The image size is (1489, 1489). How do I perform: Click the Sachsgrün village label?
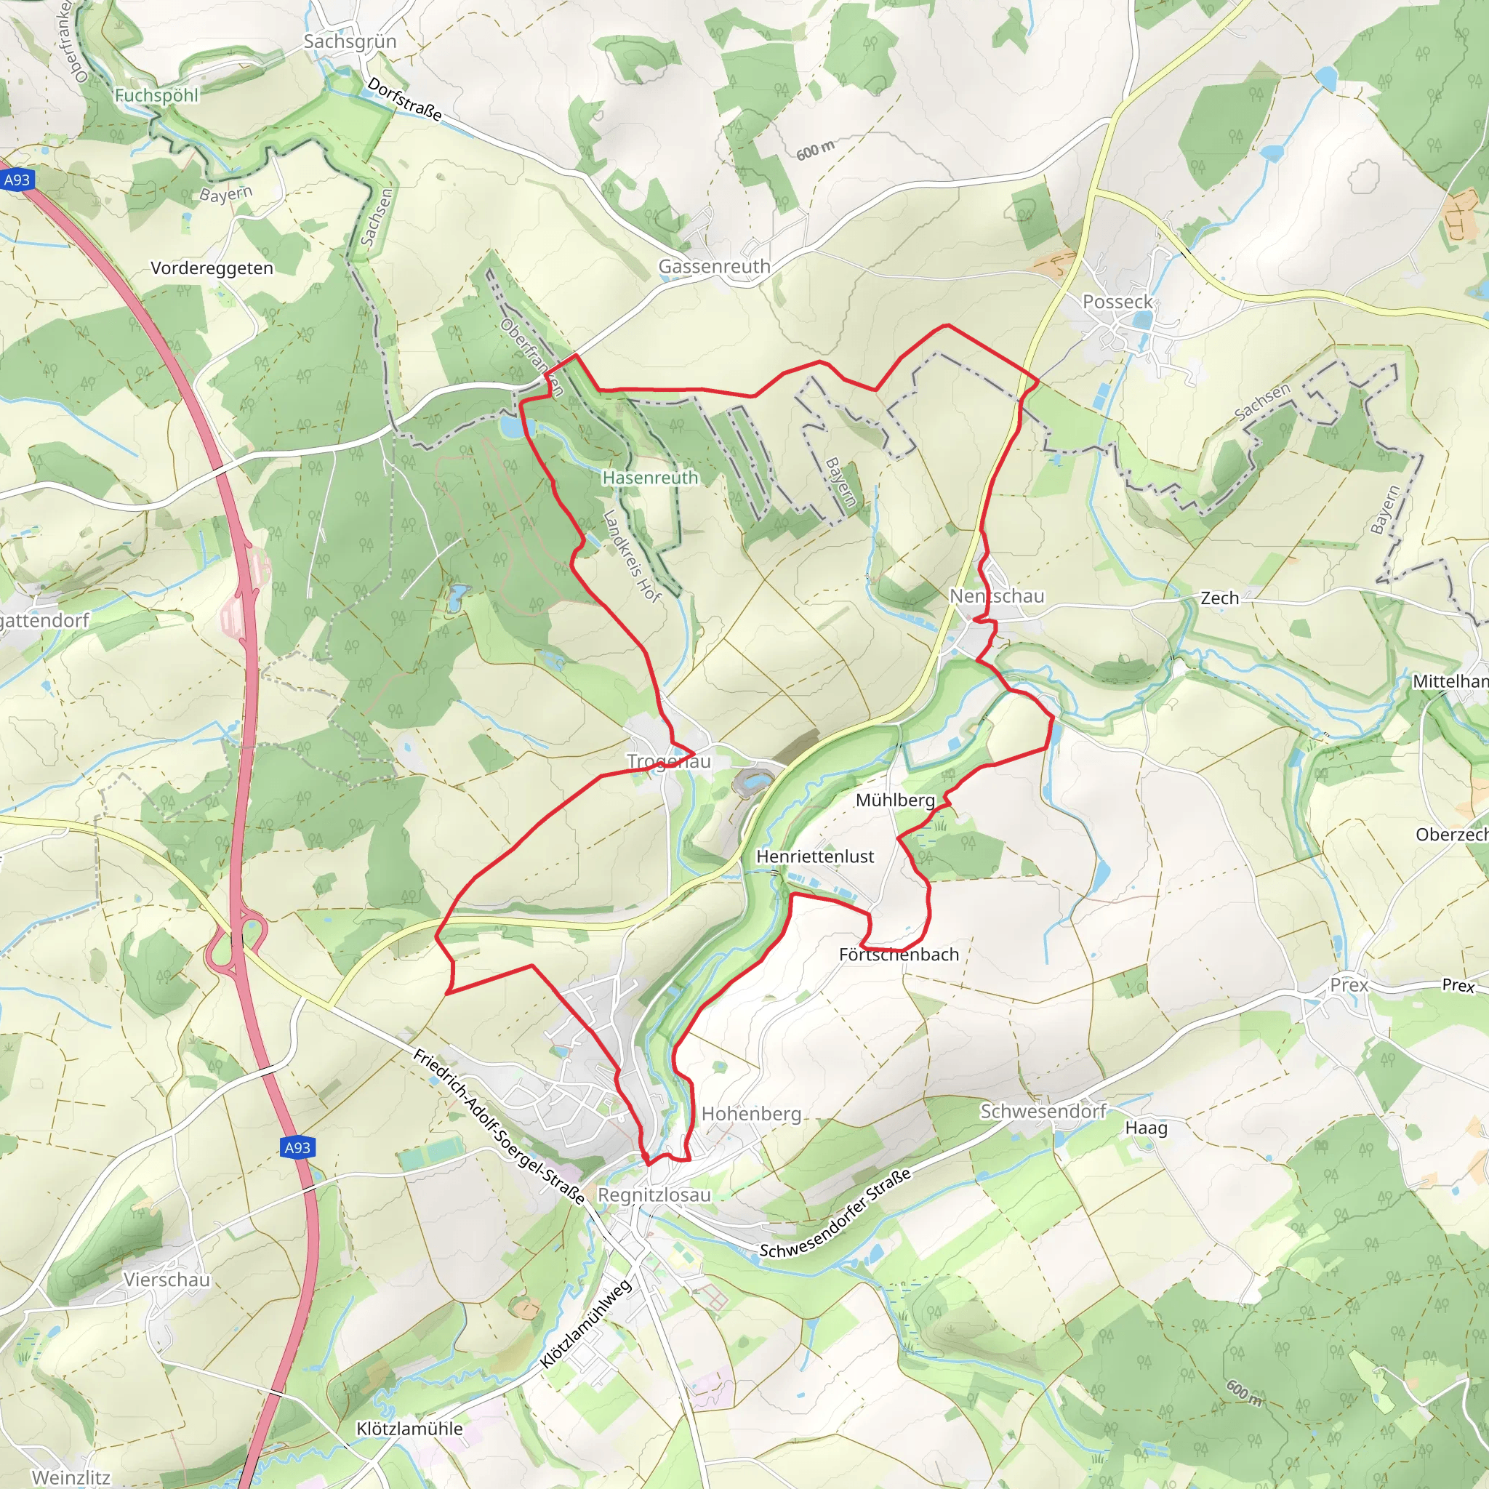pos(350,41)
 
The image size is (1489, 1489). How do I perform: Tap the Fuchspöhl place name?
pos(156,95)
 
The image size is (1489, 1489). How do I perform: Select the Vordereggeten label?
pos(212,268)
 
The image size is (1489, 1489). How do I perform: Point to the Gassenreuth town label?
pos(714,267)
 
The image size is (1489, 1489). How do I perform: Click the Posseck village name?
pos(1117,302)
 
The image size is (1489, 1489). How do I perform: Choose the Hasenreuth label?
pos(650,478)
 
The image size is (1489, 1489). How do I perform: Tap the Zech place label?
pos(1219,598)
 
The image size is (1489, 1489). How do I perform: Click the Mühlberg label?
pos(895,800)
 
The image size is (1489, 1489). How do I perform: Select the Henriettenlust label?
pos(814,856)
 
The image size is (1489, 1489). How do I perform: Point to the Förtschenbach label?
pos(899,954)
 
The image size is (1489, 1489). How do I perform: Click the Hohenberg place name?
pos(750,1114)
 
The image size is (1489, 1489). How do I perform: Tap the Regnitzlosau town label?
pos(654,1195)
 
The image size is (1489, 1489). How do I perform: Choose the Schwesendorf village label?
pos(1043,1112)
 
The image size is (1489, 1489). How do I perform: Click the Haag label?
pos(1146,1128)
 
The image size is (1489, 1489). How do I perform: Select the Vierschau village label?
pos(166,1280)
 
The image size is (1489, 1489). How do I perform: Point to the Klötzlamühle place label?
pos(409,1428)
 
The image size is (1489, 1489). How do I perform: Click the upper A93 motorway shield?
pos(17,180)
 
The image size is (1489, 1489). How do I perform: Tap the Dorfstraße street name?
pos(405,100)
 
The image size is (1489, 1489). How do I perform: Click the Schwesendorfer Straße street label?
pos(835,1213)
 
